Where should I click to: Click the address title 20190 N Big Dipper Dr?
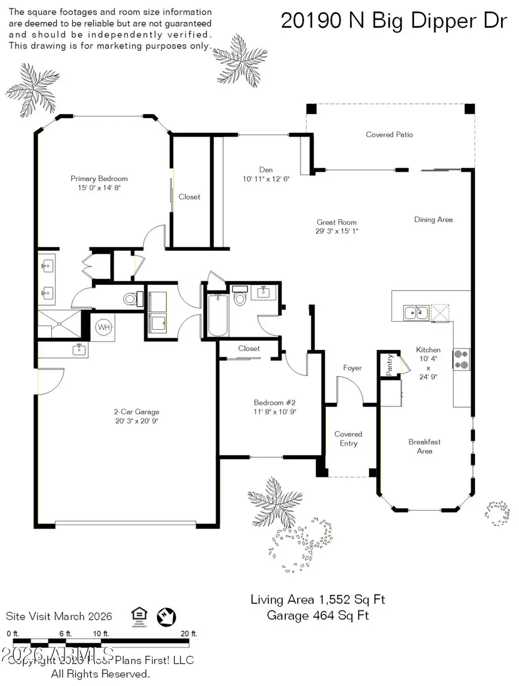pyautogui.click(x=394, y=21)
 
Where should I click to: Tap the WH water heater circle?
pyautogui.click(x=104, y=327)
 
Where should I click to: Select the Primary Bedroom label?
pyautogui.click(x=99, y=179)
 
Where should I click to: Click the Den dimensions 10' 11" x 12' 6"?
pyautogui.click(x=266, y=179)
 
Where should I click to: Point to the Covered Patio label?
pyautogui.click(x=389, y=134)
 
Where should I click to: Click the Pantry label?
pyautogui.click(x=390, y=365)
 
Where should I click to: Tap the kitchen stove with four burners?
pyautogui.click(x=462, y=360)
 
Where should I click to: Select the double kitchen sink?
pyautogui.click(x=416, y=312)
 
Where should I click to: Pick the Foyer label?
pyautogui.click(x=352, y=368)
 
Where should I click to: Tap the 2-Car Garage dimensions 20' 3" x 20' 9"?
pyautogui.click(x=136, y=421)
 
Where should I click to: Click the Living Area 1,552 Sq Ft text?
pyautogui.click(x=318, y=600)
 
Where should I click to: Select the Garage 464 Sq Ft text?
pyautogui.click(x=318, y=615)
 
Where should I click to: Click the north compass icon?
pyautogui.click(x=166, y=616)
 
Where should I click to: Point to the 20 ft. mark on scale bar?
pyautogui.click(x=185, y=634)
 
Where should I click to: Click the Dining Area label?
pyautogui.click(x=433, y=219)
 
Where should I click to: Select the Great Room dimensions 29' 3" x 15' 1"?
pyautogui.click(x=337, y=231)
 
